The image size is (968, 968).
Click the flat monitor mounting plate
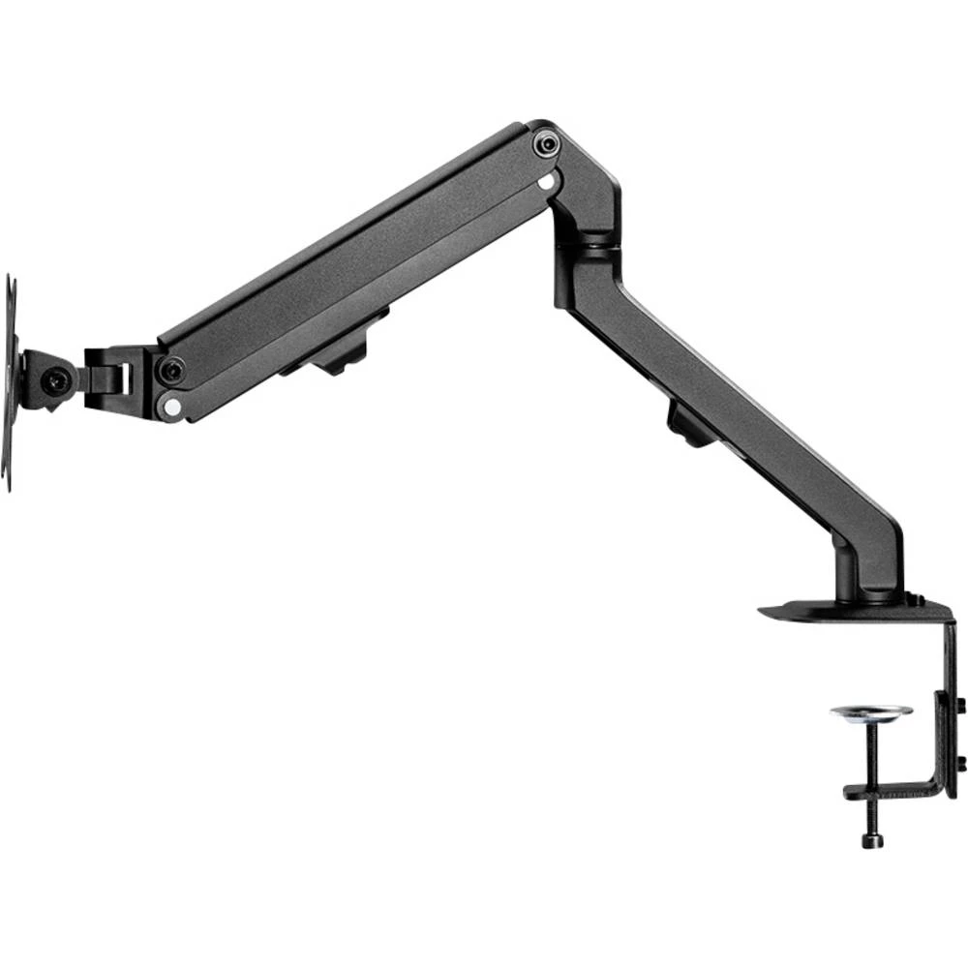click(10, 382)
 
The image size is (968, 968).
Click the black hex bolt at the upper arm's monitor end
click(172, 369)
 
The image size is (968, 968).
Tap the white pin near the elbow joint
click(548, 180)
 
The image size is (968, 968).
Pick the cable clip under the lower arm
click(689, 426)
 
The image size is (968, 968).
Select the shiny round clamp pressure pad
click(870, 713)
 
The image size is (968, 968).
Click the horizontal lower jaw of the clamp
click(891, 788)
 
